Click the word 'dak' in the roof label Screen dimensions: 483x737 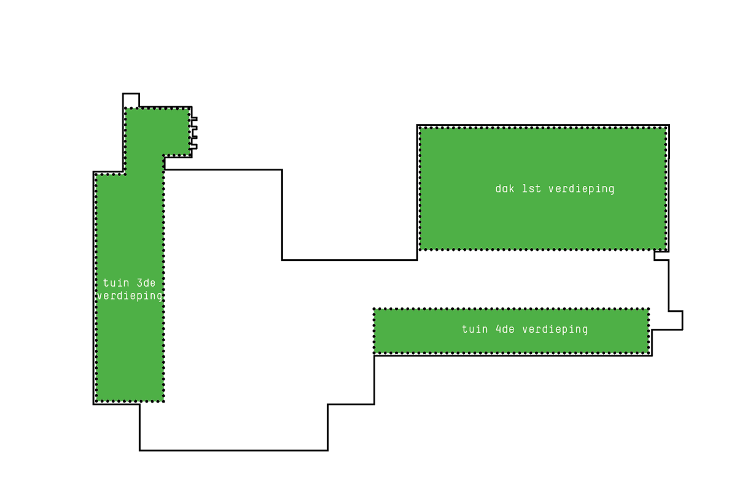coord(505,188)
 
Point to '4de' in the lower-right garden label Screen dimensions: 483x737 coord(505,330)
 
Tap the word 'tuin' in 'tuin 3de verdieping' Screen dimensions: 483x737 coord(116,283)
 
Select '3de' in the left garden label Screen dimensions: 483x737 coord(147,283)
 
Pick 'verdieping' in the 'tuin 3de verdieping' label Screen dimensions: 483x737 coord(130,296)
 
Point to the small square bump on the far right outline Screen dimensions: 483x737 coord(675,320)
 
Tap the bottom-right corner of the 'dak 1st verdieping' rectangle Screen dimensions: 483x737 coord(666,249)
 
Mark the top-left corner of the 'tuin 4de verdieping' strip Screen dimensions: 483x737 coord(375,309)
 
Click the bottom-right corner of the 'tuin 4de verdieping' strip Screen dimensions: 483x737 coord(649,353)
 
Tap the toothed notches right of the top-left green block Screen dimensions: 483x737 coord(194,133)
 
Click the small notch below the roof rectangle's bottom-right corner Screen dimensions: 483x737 coord(661,255)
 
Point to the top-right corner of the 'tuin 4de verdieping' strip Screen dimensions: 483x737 coord(649,309)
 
